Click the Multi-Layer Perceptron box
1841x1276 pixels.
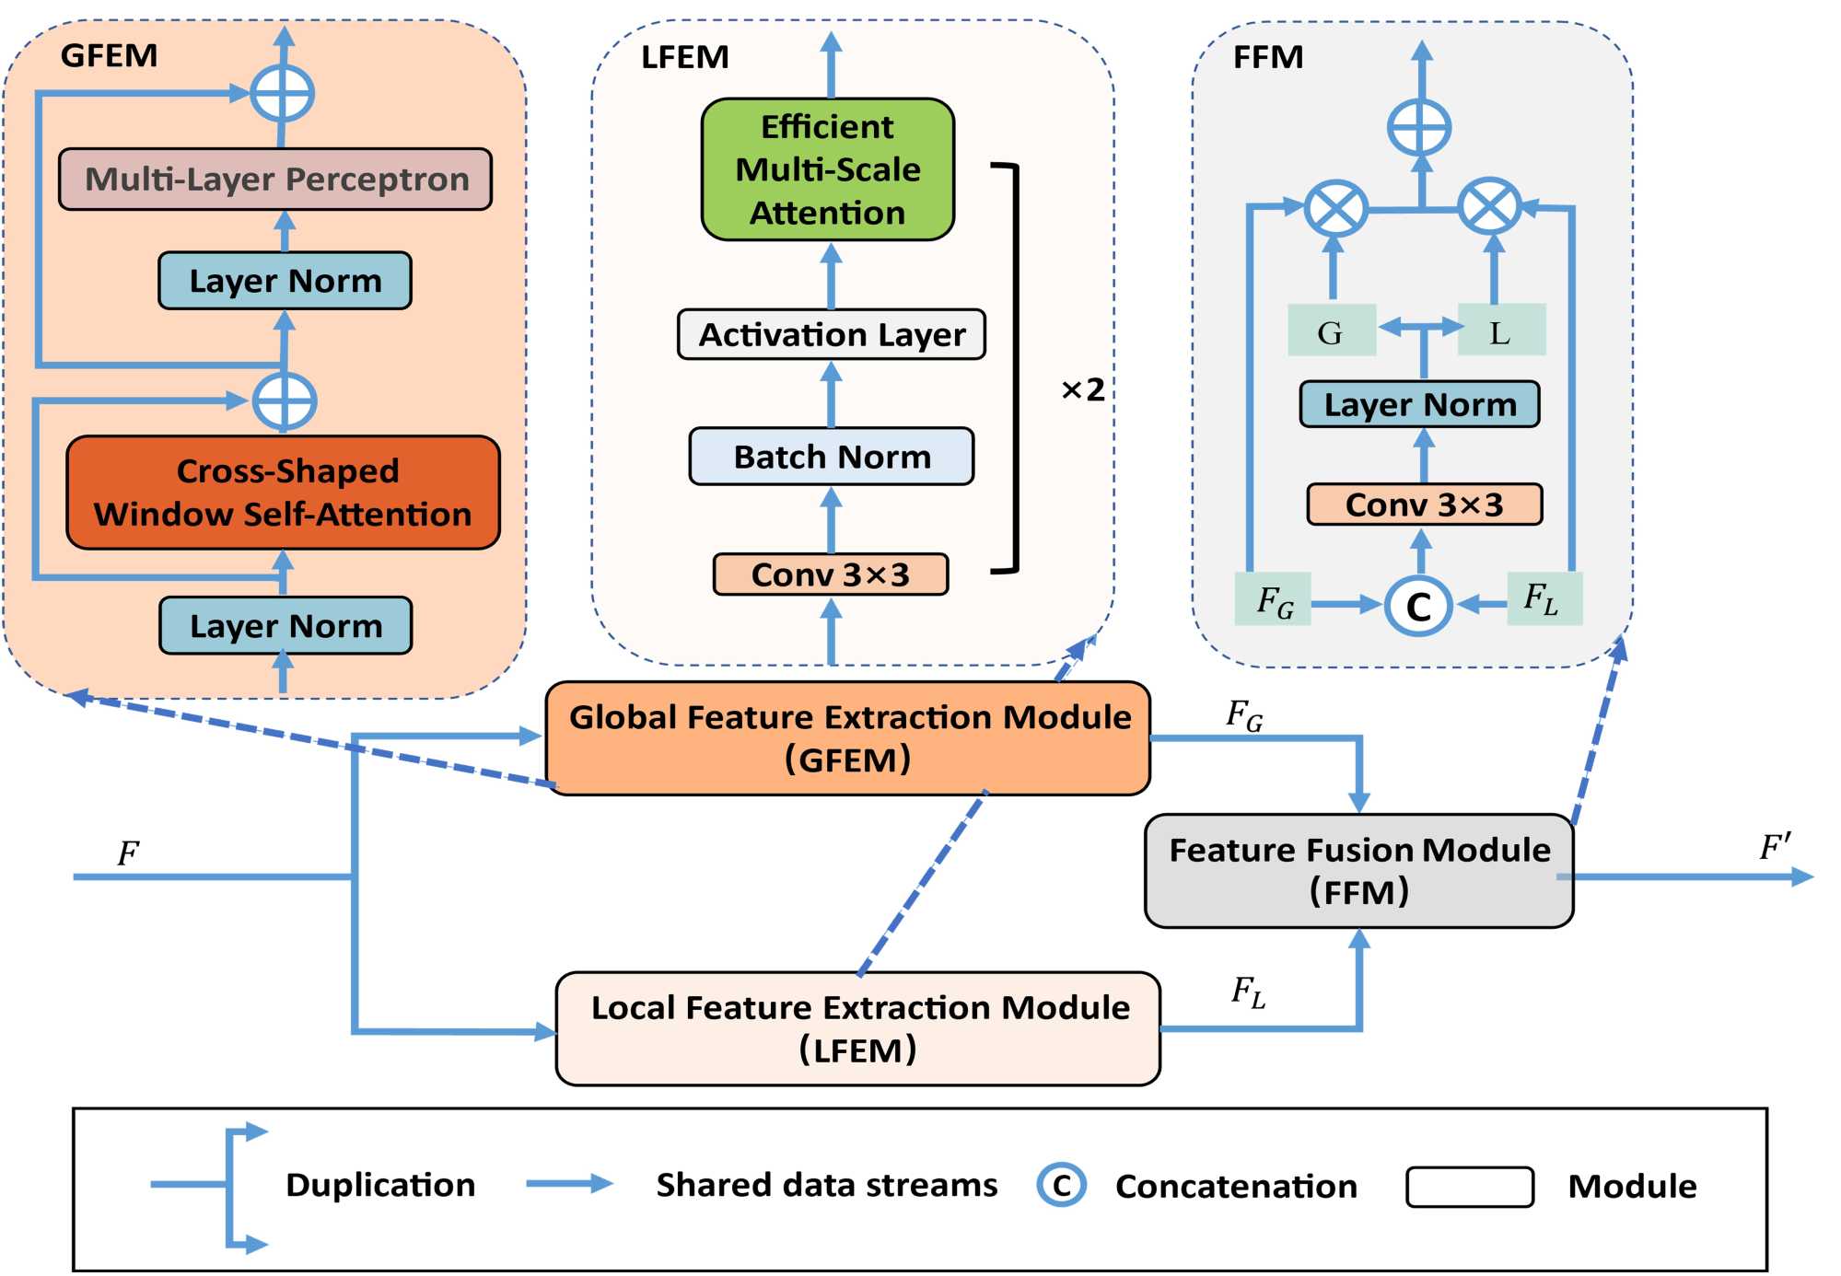[x=274, y=180]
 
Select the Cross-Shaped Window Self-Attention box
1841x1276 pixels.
[x=283, y=493]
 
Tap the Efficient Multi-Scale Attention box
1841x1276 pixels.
[x=827, y=169]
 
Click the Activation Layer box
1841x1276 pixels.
[x=831, y=334]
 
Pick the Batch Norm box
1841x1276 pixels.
[x=831, y=457]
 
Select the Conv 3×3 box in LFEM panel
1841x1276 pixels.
[x=830, y=574]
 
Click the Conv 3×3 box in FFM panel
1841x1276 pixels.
[x=1424, y=505]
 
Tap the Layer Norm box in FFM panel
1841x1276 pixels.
[x=1419, y=404]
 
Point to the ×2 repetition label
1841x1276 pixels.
[x=1082, y=389]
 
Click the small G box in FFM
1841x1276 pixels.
[x=1331, y=331]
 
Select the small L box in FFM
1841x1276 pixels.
[x=1501, y=331]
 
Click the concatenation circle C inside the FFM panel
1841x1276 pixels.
[x=1418, y=606]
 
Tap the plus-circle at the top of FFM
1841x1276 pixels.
[x=1419, y=127]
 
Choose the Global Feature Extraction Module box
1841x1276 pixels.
[x=847, y=738]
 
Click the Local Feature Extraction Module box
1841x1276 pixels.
[x=857, y=1028]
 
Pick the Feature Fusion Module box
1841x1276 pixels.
[x=1358, y=870]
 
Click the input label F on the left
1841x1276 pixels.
[x=128, y=853]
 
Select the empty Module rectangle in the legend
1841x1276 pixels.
[x=1469, y=1187]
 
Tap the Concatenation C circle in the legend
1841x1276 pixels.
[x=1061, y=1185]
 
